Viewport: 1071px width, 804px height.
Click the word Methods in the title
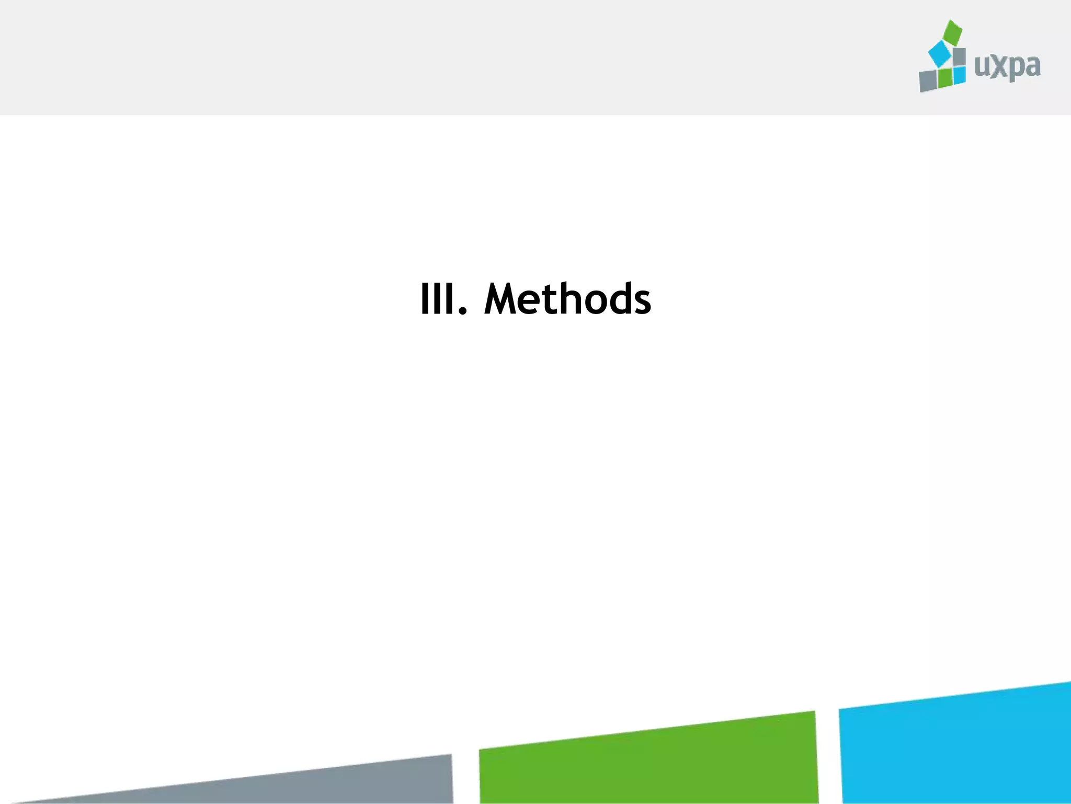567,299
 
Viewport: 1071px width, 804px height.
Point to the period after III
461,312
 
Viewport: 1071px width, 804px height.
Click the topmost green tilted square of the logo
952,32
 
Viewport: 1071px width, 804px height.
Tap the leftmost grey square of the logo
928,81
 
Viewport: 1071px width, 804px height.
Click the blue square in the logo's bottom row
959,75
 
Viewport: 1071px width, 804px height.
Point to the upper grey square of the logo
959,57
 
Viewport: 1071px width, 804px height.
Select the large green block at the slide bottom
648,762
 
